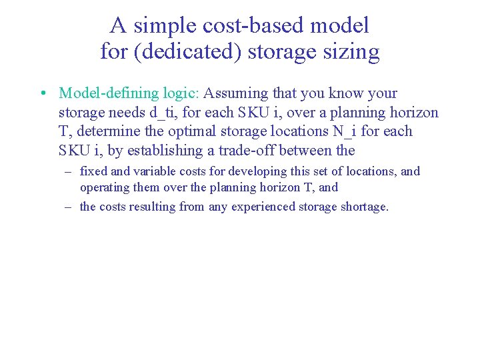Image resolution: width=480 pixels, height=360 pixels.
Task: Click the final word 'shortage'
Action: point(363,207)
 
